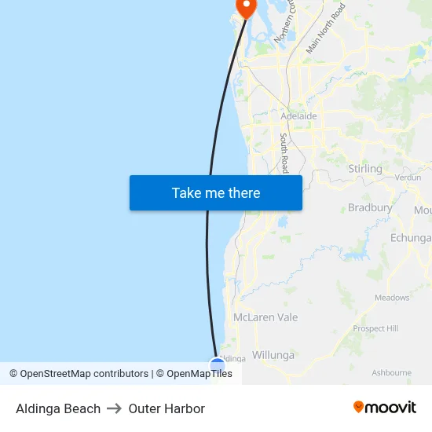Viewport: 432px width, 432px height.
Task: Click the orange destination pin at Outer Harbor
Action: tap(246, 7)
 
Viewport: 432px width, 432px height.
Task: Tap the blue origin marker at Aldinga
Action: tap(218, 364)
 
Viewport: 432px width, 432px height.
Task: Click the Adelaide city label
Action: tap(298, 116)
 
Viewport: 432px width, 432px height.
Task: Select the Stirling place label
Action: tap(364, 169)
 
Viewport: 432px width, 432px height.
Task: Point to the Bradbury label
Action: tap(369, 208)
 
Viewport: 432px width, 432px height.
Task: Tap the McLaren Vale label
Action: tap(265, 317)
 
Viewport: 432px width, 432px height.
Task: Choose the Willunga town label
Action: tap(273, 355)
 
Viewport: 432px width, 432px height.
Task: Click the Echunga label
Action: tap(411, 238)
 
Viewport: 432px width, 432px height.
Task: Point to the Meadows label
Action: tap(392, 298)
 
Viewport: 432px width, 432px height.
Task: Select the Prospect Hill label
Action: tap(375, 328)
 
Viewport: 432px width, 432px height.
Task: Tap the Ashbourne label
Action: tap(391, 372)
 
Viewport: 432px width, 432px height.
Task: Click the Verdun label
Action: tap(408, 178)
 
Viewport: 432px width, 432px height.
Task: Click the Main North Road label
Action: tap(325, 29)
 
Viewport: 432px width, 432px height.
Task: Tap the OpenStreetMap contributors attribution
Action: tap(79, 374)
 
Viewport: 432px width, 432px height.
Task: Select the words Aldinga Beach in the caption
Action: tap(58, 408)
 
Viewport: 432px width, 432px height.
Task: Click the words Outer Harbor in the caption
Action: tap(167, 408)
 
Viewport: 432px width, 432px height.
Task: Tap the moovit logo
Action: tap(385, 407)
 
